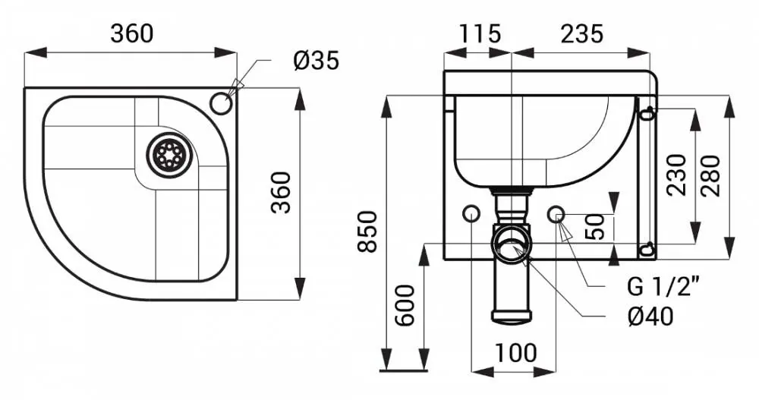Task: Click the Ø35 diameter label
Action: pyautogui.click(x=316, y=61)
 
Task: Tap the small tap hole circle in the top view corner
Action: pyautogui.click(x=221, y=103)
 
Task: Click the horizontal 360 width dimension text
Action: pyautogui.click(x=131, y=33)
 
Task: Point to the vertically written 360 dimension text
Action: pyautogui.click(x=282, y=192)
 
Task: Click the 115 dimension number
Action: pyautogui.click(x=479, y=34)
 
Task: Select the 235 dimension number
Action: pyautogui.click(x=582, y=34)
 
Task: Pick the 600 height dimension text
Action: pyautogui.click(x=405, y=306)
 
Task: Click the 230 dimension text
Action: pyautogui.click(x=676, y=175)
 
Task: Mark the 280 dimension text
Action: pyautogui.click(x=710, y=175)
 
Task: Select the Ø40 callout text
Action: pyautogui.click(x=650, y=317)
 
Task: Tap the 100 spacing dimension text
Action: pyautogui.click(x=515, y=352)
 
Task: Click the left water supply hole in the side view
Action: pyautogui.click(x=471, y=213)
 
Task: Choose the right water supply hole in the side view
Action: pyautogui.click(x=556, y=213)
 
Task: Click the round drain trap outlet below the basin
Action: pyautogui.click(x=511, y=241)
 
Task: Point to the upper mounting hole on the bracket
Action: pyautogui.click(x=646, y=114)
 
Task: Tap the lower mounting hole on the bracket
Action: pyautogui.click(x=646, y=250)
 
